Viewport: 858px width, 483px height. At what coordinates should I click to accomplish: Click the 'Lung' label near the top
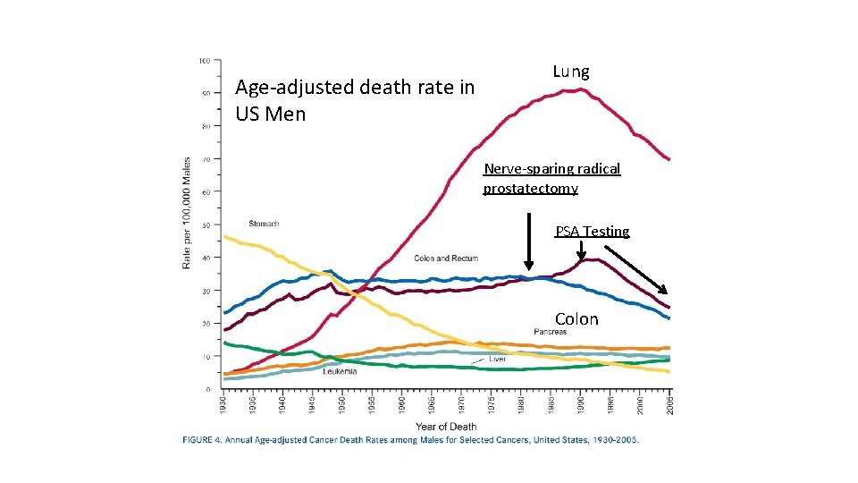[570, 72]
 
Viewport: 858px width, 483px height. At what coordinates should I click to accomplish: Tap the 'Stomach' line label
[264, 224]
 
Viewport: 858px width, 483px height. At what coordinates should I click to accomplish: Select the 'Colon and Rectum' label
[445, 258]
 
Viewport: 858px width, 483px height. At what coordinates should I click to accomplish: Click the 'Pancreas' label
[551, 332]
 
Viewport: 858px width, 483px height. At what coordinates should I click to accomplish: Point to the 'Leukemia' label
[341, 370]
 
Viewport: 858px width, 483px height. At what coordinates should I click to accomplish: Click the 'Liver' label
[498, 359]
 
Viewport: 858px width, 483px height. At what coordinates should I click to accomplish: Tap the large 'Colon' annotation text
[576, 319]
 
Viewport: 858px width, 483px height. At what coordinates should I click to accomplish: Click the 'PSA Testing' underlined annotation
[592, 232]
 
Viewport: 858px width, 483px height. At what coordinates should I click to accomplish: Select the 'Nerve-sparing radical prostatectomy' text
[551, 178]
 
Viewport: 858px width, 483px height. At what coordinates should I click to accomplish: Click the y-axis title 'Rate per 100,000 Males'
[187, 213]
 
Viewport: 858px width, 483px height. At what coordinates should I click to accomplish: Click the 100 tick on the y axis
[205, 61]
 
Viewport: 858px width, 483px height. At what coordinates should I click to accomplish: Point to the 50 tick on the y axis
[206, 225]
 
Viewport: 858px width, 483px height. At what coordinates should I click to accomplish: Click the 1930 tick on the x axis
[223, 404]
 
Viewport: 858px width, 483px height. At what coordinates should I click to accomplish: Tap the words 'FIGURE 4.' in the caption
[205, 440]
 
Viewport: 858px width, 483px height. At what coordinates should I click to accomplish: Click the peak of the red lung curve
[581, 89]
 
